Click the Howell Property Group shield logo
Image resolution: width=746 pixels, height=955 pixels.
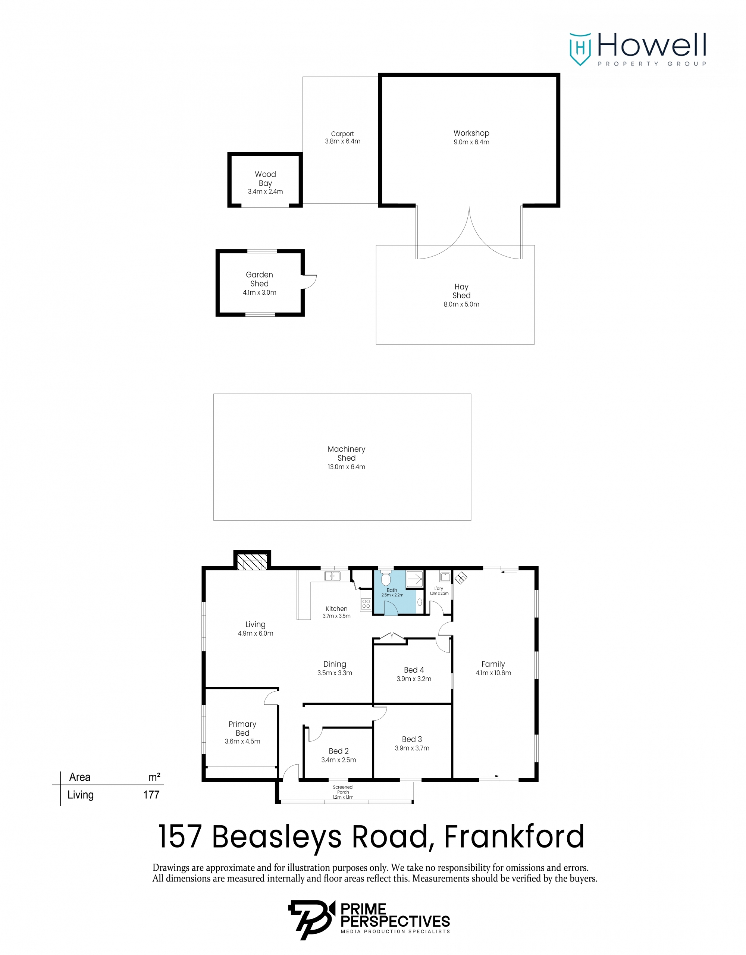pyautogui.click(x=580, y=49)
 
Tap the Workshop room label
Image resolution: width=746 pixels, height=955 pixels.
pyautogui.click(x=471, y=133)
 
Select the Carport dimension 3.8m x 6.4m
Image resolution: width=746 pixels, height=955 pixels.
pyautogui.click(x=342, y=141)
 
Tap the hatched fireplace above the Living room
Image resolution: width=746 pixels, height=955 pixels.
pyautogui.click(x=252, y=561)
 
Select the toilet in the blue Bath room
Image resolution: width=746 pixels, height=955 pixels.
pyautogui.click(x=386, y=579)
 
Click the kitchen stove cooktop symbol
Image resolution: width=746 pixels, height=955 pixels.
pyautogui.click(x=366, y=604)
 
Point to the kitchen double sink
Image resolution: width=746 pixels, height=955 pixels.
pyautogui.click(x=332, y=576)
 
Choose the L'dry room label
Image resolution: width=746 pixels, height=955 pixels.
pyautogui.click(x=439, y=589)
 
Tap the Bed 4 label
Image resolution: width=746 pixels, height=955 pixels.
pyautogui.click(x=414, y=670)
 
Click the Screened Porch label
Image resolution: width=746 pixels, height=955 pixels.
pyautogui.click(x=343, y=789)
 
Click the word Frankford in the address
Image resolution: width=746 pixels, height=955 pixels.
pyautogui.click(x=514, y=836)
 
